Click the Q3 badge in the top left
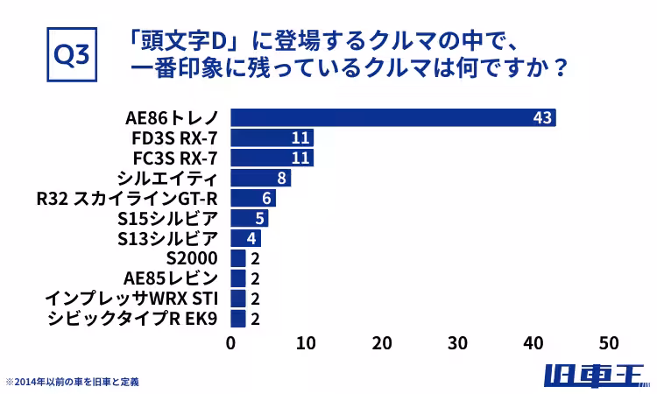(x=71, y=54)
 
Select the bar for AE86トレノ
(x=392, y=118)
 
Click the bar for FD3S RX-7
(x=272, y=138)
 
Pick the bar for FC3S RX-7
(x=272, y=158)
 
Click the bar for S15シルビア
(x=249, y=218)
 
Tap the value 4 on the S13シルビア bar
(x=251, y=238)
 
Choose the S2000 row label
(x=191, y=258)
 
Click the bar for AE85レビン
(x=238, y=278)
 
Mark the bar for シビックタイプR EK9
(x=238, y=318)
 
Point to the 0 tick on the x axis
(x=231, y=342)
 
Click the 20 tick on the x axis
(x=382, y=342)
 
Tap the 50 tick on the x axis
(x=609, y=342)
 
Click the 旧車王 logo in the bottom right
(x=594, y=376)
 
